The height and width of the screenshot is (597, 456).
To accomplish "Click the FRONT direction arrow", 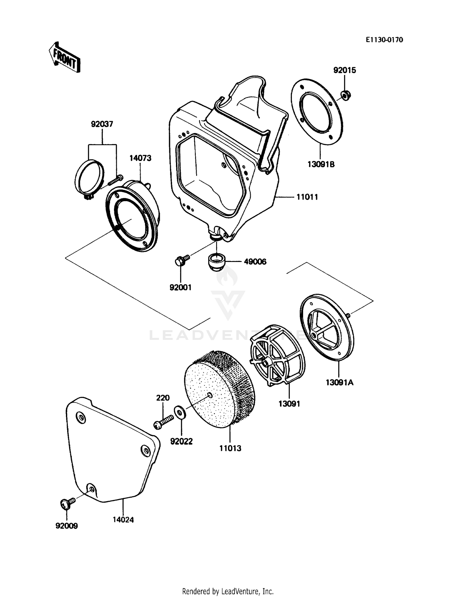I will point(64,57).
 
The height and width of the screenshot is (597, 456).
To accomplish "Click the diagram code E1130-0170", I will point(384,40).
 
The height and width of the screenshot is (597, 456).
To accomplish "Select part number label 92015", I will point(344,70).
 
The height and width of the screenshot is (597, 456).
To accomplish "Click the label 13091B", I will point(321,164).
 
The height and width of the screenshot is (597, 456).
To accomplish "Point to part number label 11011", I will point(307,197).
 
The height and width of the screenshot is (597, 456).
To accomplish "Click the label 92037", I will point(102,124).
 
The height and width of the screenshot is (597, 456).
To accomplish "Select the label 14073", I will point(140,158).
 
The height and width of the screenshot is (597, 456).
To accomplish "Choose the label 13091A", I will point(340,383).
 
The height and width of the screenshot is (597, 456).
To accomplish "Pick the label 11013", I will point(230,448).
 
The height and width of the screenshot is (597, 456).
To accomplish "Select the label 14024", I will point(123,520).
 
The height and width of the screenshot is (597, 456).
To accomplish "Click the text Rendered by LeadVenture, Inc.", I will point(228,591).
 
